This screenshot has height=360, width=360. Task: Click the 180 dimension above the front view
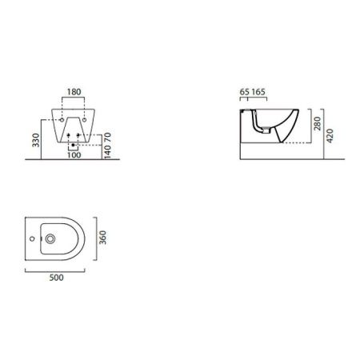pos(74,92)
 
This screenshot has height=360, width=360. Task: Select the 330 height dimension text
pos(36,140)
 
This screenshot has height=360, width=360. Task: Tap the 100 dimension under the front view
pos(74,155)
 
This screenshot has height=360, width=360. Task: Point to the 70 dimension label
pos(107,137)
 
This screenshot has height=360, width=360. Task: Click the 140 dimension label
pos(107,152)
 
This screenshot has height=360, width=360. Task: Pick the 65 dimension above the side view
pos(244,92)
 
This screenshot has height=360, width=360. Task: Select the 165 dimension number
pos(258,92)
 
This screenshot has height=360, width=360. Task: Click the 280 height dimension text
pos(318,123)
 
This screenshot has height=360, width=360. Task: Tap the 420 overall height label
pos(330,136)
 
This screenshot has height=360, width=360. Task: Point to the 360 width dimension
pos(102,238)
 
